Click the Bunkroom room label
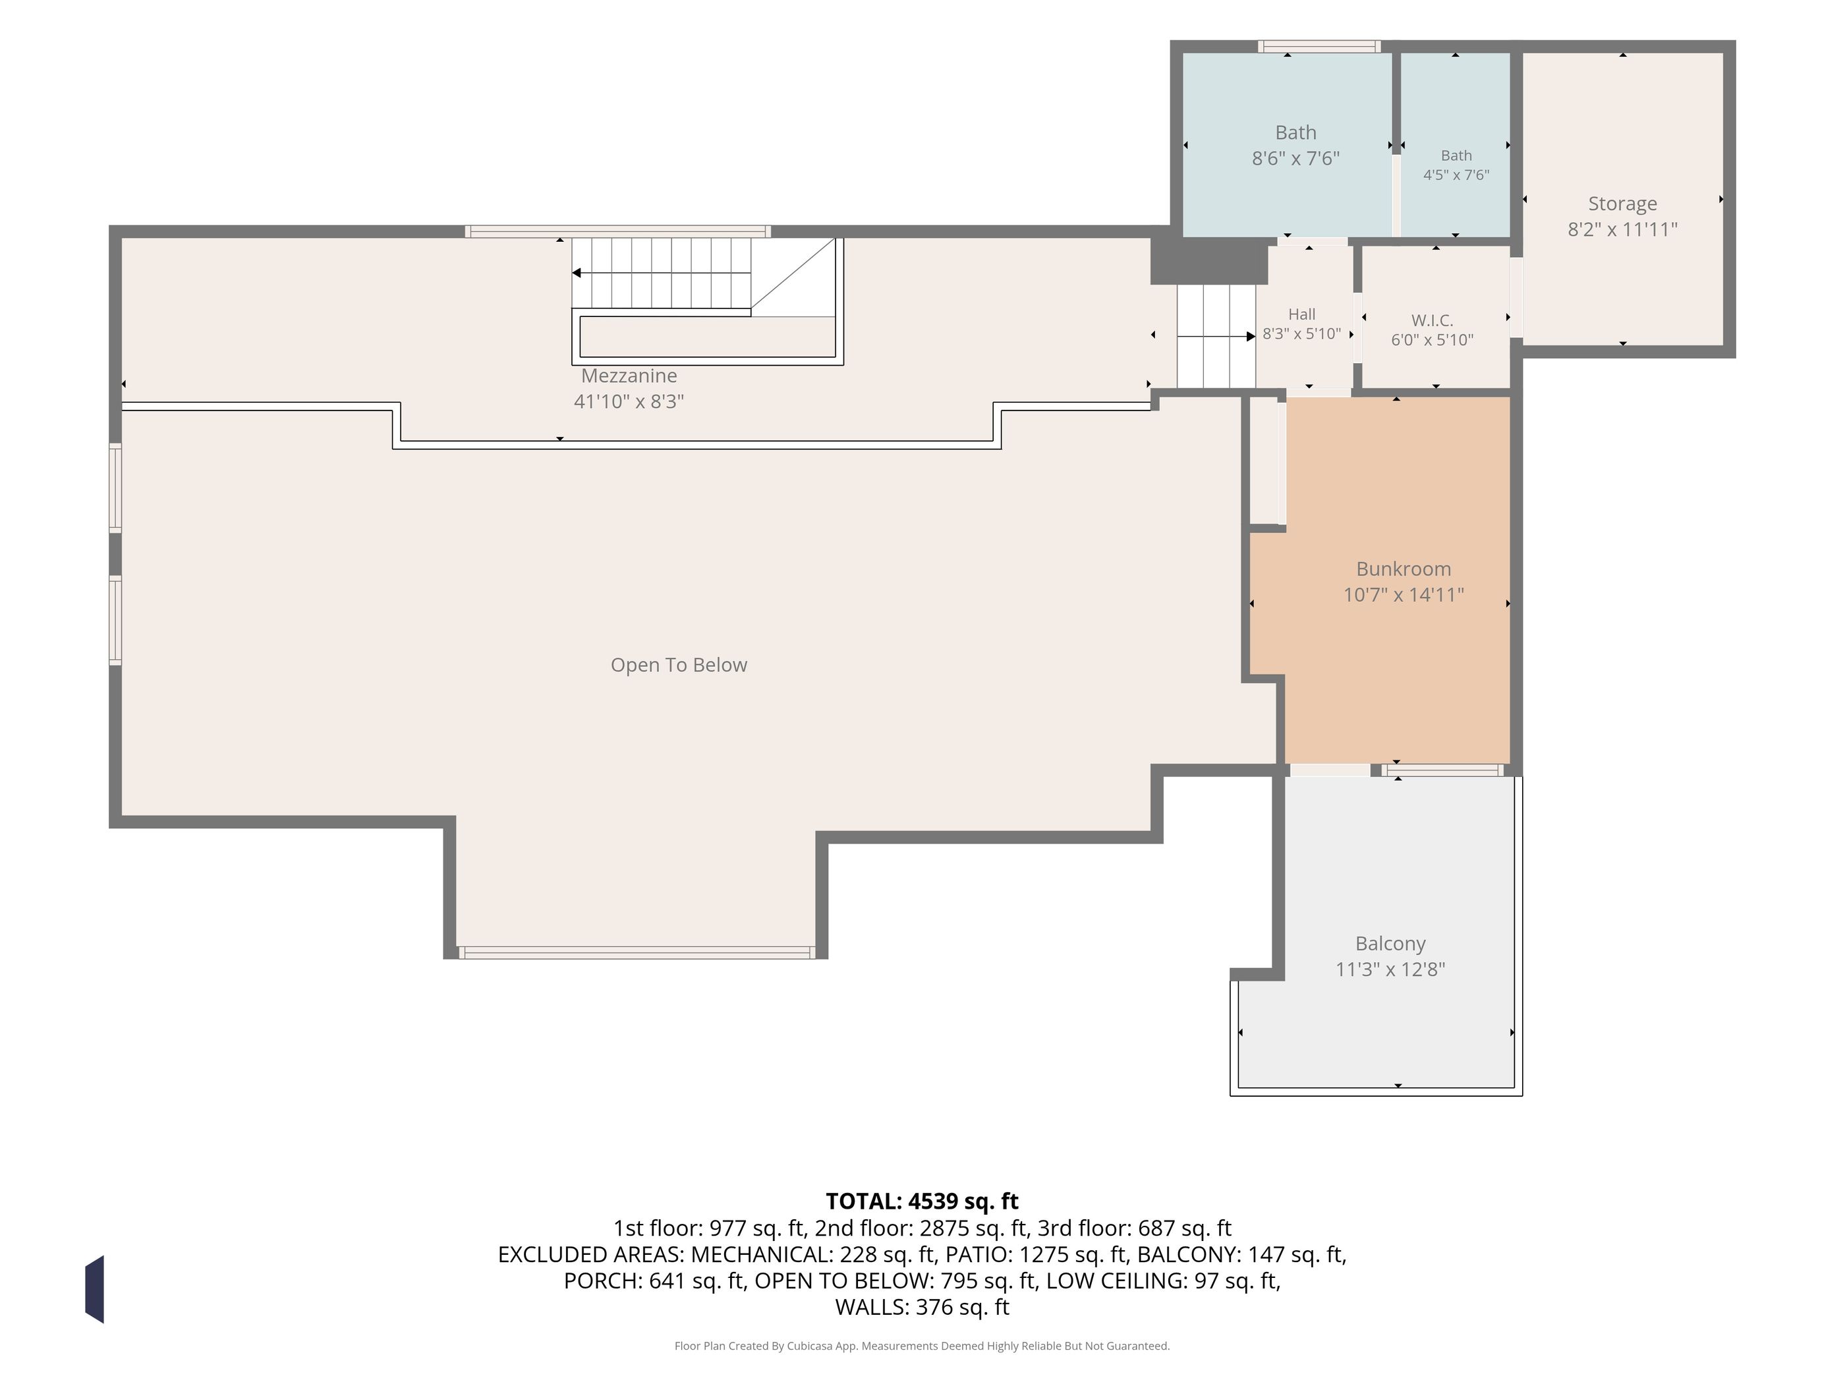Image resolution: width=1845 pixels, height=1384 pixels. click(x=1403, y=569)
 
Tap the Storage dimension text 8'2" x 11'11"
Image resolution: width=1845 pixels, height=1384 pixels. click(x=1622, y=229)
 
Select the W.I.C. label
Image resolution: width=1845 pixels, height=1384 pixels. click(x=1432, y=320)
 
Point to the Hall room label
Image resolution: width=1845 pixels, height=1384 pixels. click(x=1301, y=314)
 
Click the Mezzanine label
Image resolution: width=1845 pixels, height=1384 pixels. click(x=629, y=376)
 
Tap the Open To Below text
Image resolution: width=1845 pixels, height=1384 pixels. click(x=679, y=665)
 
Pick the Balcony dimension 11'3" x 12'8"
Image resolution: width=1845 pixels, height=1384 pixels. click(x=1390, y=969)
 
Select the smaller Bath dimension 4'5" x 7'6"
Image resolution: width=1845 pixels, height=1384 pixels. click(x=1456, y=175)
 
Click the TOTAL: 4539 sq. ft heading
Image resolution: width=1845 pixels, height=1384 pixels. click(x=922, y=1201)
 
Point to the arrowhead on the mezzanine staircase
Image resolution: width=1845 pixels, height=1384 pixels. click(x=577, y=273)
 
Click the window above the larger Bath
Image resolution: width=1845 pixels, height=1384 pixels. click(x=1319, y=47)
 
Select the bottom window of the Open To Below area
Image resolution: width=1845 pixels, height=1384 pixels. click(x=637, y=953)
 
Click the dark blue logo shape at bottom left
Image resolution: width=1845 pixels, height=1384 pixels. click(x=94, y=1289)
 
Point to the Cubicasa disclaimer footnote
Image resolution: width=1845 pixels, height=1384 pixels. click(x=922, y=1346)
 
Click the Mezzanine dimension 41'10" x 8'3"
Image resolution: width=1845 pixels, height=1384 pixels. click(x=629, y=401)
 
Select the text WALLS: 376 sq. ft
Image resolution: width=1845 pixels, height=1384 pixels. click(x=922, y=1308)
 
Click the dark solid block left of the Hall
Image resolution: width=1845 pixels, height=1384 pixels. click(x=1208, y=260)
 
